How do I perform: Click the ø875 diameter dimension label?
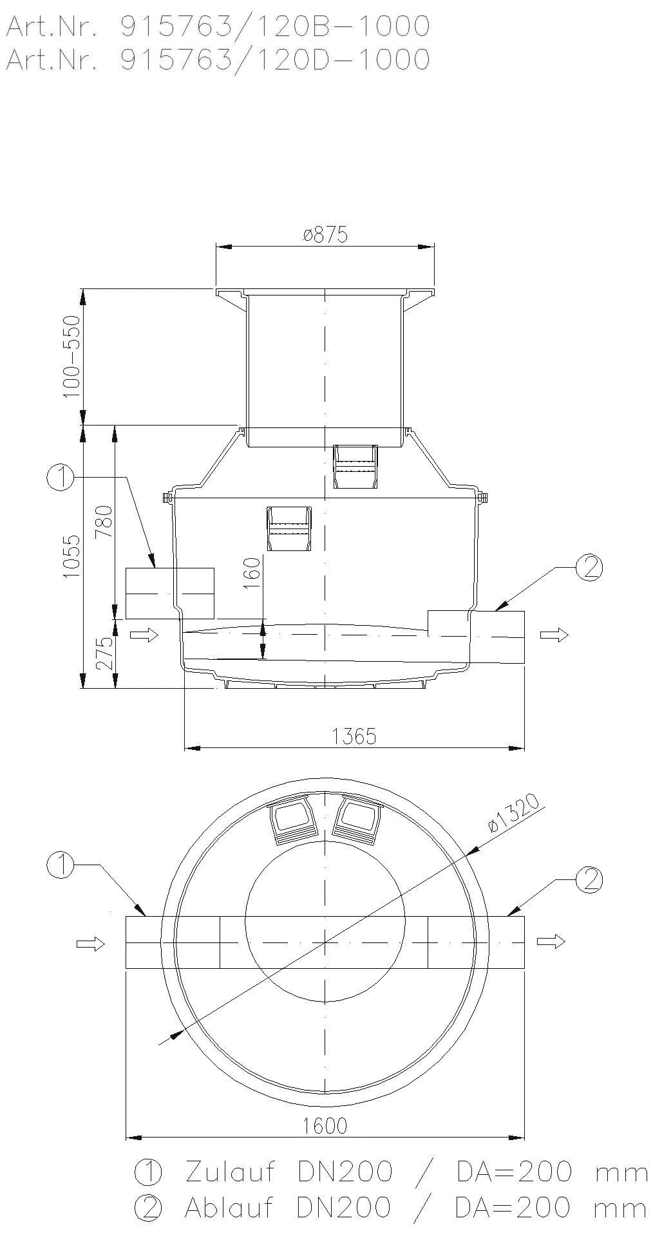(x=325, y=234)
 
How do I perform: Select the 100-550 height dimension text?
(x=72, y=356)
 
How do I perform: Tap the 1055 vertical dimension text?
(x=72, y=556)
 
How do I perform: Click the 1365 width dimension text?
(x=355, y=736)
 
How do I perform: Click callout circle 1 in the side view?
(x=60, y=478)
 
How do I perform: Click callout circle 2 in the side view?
(x=588, y=567)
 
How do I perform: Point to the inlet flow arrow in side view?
(x=144, y=636)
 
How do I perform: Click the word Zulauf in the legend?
(x=230, y=1172)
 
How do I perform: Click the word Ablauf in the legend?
(x=230, y=1208)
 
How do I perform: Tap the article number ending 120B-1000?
(x=216, y=26)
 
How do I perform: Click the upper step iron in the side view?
(x=355, y=467)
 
